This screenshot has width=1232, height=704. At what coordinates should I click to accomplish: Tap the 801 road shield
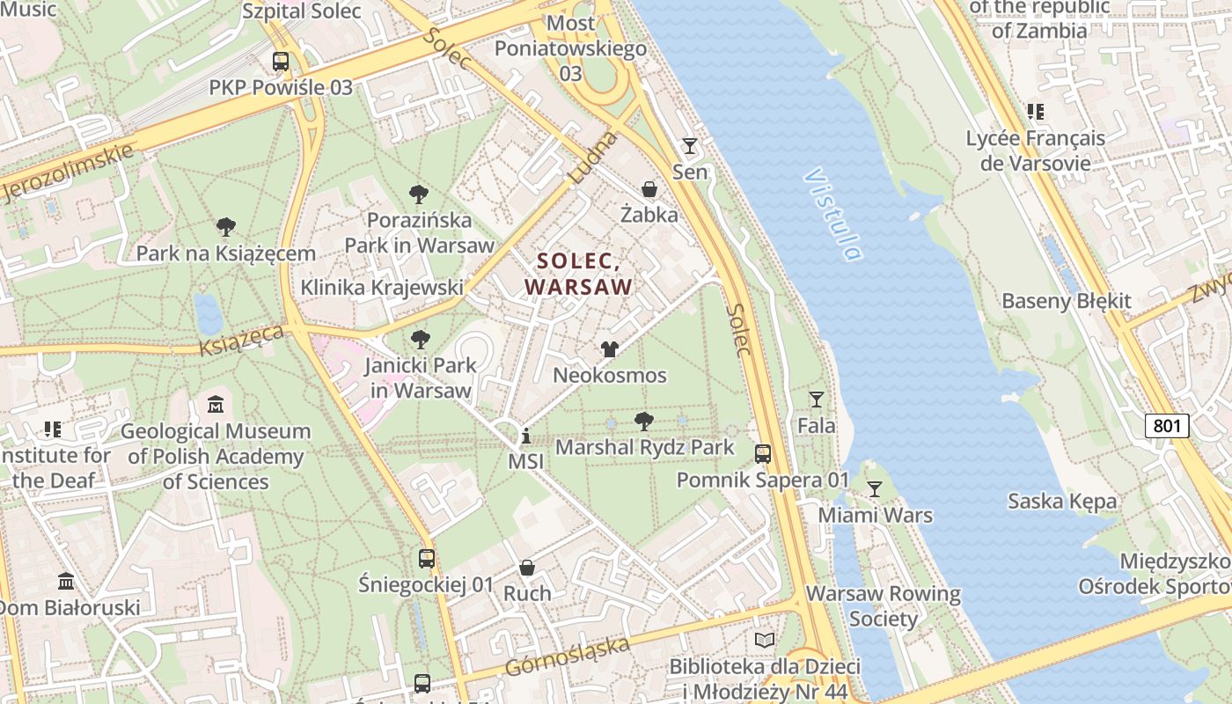(1167, 426)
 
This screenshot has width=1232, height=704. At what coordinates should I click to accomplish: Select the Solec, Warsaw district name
(579, 274)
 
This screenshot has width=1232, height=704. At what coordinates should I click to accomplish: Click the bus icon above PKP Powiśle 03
(281, 62)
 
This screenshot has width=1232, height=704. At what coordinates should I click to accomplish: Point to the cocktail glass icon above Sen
(690, 145)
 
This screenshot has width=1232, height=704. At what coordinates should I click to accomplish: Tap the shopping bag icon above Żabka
(649, 189)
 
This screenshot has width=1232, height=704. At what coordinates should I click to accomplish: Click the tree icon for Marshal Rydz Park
(644, 421)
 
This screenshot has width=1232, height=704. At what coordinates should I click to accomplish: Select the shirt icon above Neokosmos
(610, 349)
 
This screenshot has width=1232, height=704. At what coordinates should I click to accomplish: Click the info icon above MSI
(526, 436)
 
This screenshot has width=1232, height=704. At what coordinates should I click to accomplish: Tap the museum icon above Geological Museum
(216, 405)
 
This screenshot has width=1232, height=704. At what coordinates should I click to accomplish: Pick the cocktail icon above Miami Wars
(875, 488)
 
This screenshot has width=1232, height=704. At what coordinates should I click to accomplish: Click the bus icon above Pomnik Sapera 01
(763, 454)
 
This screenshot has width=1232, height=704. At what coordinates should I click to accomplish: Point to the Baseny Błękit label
(1067, 301)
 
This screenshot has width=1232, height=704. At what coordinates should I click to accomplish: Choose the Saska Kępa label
(1062, 502)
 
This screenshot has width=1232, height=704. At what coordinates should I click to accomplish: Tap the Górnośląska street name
(568, 656)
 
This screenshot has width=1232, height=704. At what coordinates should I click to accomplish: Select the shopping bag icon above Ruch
(527, 568)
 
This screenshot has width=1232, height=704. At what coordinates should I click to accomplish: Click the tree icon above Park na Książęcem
(226, 227)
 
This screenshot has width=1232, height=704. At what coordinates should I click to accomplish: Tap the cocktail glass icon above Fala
(817, 400)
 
